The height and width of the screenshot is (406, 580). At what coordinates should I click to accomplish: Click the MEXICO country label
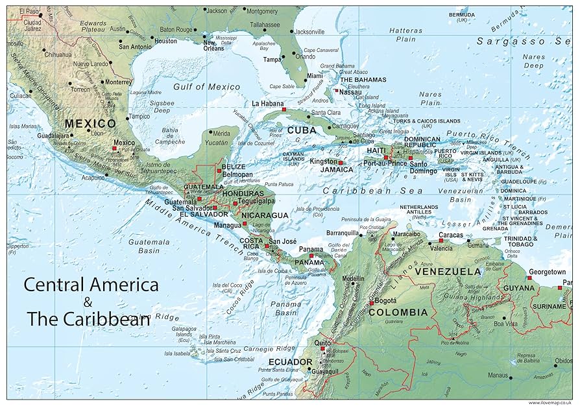tap(90, 123)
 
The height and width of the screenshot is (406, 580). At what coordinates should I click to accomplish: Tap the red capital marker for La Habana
tap(284, 110)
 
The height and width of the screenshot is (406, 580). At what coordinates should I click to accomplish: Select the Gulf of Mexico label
tap(206, 86)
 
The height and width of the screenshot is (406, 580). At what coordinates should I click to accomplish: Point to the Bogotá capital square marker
tap(371, 302)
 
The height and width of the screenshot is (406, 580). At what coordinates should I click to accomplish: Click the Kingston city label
tap(323, 161)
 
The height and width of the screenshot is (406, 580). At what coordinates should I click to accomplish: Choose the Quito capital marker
tap(322, 348)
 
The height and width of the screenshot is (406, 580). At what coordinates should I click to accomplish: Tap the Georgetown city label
tap(544, 272)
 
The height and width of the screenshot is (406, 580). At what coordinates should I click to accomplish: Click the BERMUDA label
tap(461, 14)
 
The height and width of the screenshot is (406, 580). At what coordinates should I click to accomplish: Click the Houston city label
tap(165, 41)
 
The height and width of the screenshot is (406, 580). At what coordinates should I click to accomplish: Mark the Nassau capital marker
tap(337, 91)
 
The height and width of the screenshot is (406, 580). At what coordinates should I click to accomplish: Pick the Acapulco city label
tap(91, 177)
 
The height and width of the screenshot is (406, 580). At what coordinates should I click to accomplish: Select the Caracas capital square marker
tap(441, 241)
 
